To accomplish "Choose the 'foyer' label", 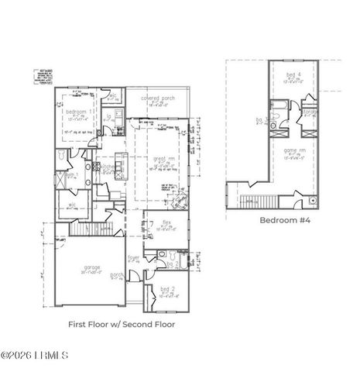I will click(x=134, y=257).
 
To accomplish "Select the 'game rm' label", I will click(x=294, y=151).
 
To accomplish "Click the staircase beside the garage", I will click(x=86, y=229).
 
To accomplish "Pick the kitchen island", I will click(x=118, y=170).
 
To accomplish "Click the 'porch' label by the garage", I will click(x=117, y=274).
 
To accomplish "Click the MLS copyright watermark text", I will click(x=34, y=356).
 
